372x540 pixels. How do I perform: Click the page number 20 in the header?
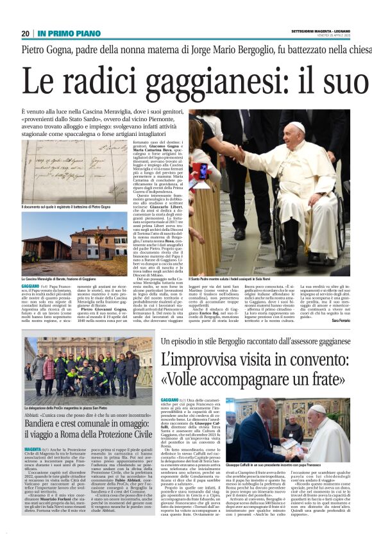[x=25, y=33]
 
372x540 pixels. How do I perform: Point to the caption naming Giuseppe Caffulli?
[x=282, y=464]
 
